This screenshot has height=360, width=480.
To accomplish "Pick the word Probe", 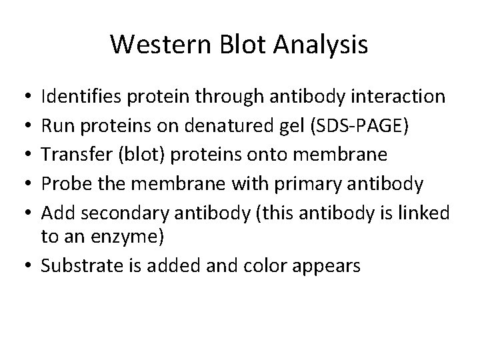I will pyautogui.click(x=63, y=183).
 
